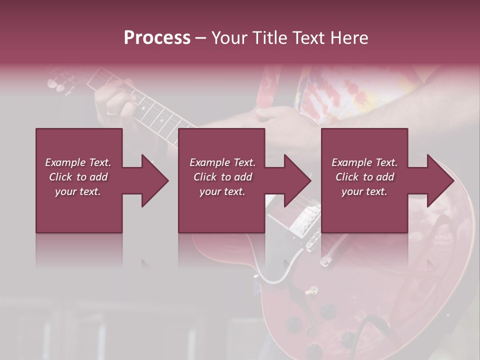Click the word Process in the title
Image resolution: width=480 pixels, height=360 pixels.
click(157, 37)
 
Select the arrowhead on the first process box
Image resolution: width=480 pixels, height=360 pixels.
click(153, 180)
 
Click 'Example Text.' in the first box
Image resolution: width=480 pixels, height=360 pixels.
click(78, 162)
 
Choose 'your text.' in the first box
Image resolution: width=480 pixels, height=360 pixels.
click(78, 191)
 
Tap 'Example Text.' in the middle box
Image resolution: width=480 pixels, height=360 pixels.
click(222, 162)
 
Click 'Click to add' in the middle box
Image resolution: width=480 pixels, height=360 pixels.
click(222, 177)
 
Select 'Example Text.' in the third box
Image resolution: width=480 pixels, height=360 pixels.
click(364, 162)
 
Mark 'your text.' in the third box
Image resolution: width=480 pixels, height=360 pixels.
click(364, 191)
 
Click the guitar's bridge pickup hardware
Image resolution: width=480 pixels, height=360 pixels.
click(302, 220)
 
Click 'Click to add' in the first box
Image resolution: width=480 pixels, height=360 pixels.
click(78, 177)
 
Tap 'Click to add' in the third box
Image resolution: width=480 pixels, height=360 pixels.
click(364, 177)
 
